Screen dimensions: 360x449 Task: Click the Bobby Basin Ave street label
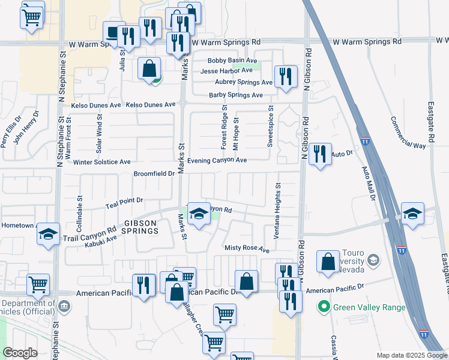[x=232, y=61]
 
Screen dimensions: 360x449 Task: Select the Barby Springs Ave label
[x=236, y=95]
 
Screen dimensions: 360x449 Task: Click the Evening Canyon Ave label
[x=217, y=161]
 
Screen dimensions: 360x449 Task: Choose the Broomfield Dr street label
[x=155, y=173]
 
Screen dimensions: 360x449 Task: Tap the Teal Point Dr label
[x=124, y=200]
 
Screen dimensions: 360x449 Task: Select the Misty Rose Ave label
[x=247, y=248]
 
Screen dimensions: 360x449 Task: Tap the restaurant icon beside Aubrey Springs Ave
[x=286, y=77]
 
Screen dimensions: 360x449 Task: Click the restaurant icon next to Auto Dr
[x=320, y=154]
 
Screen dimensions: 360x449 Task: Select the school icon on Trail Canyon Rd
[x=197, y=214]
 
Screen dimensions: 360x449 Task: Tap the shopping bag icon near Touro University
[x=328, y=262]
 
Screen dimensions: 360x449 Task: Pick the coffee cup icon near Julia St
[x=112, y=32]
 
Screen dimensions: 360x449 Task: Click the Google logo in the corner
[x=20, y=353]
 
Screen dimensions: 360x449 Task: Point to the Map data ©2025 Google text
[x=411, y=355]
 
